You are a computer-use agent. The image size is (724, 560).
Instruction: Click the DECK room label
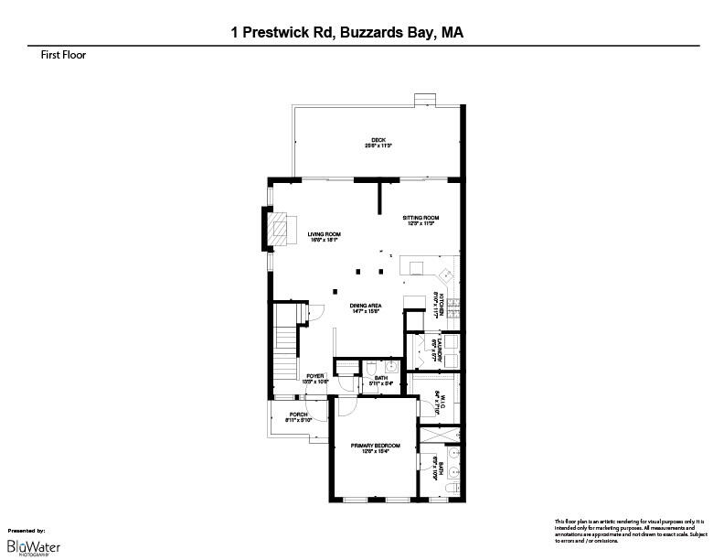coord(378,142)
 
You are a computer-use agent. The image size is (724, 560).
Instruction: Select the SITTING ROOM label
coord(421,220)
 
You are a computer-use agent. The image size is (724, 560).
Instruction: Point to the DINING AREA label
coord(365,307)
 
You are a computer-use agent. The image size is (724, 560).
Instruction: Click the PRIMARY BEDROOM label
coord(376,447)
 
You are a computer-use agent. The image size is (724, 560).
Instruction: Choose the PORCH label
coord(297,417)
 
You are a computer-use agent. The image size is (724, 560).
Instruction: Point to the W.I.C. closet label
coord(439,401)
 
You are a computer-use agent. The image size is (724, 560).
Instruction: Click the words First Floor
coord(56,55)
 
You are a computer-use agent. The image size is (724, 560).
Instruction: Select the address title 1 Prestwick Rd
coord(346,33)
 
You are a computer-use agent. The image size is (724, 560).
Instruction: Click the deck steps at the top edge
coord(424,98)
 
